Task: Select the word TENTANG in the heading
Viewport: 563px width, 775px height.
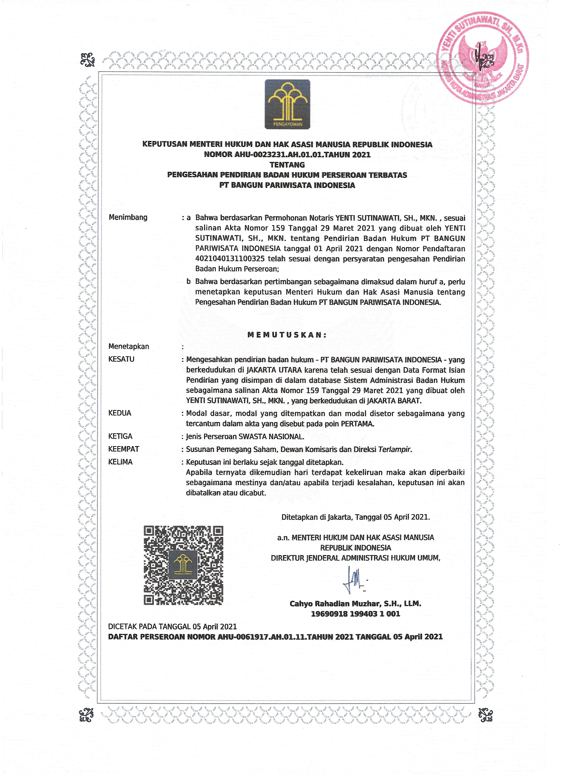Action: point(287,165)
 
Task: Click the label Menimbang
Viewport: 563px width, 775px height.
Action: point(128,217)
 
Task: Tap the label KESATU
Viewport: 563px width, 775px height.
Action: point(121,359)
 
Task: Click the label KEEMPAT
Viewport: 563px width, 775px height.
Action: point(124,449)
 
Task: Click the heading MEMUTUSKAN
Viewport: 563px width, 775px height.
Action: point(287,335)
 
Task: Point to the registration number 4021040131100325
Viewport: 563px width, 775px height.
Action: point(230,259)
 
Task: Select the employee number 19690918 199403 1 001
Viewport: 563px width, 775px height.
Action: point(355,614)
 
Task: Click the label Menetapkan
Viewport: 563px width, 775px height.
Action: point(129,347)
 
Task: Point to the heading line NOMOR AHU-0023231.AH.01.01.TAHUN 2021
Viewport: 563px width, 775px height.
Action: point(287,154)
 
